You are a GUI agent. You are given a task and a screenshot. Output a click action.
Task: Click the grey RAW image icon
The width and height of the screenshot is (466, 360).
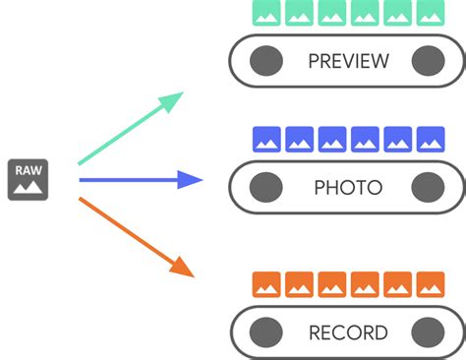pyautogui.click(x=29, y=179)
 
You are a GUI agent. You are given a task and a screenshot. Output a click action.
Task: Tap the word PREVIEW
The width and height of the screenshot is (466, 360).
pyautogui.click(x=348, y=62)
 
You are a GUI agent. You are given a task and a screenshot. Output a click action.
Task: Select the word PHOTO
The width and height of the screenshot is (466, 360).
pyautogui.click(x=348, y=187)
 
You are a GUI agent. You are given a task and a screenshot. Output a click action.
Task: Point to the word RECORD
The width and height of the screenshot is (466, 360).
pyautogui.click(x=348, y=332)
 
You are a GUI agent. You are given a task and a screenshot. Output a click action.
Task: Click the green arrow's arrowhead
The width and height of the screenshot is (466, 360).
pyautogui.click(x=174, y=99)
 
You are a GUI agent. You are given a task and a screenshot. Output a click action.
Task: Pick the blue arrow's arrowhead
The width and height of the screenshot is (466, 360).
pyautogui.click(x=191, y=180)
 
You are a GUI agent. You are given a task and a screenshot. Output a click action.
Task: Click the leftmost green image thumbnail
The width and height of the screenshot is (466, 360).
pyautogui.click(x=265, y=12)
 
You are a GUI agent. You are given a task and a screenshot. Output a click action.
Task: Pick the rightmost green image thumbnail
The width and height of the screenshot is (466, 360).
pyautogui.click(x=430, y=12)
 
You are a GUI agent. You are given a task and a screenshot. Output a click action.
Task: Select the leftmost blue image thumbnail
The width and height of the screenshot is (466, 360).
pyautogui.click(x=265, y=139)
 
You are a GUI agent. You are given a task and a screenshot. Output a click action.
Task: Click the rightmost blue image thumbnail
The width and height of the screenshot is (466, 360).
pyautogui.click(x=430, y=139)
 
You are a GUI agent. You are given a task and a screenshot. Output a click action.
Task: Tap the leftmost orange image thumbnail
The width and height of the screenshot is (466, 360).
pyautogui.click(x=265, y=284)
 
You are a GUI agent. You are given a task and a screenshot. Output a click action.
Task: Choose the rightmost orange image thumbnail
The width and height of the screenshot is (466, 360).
pyautogui.click(x=430, y=284)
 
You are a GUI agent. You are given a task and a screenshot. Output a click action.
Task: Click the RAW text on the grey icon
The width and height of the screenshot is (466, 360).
pyautogui.click(x=29, y=169)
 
